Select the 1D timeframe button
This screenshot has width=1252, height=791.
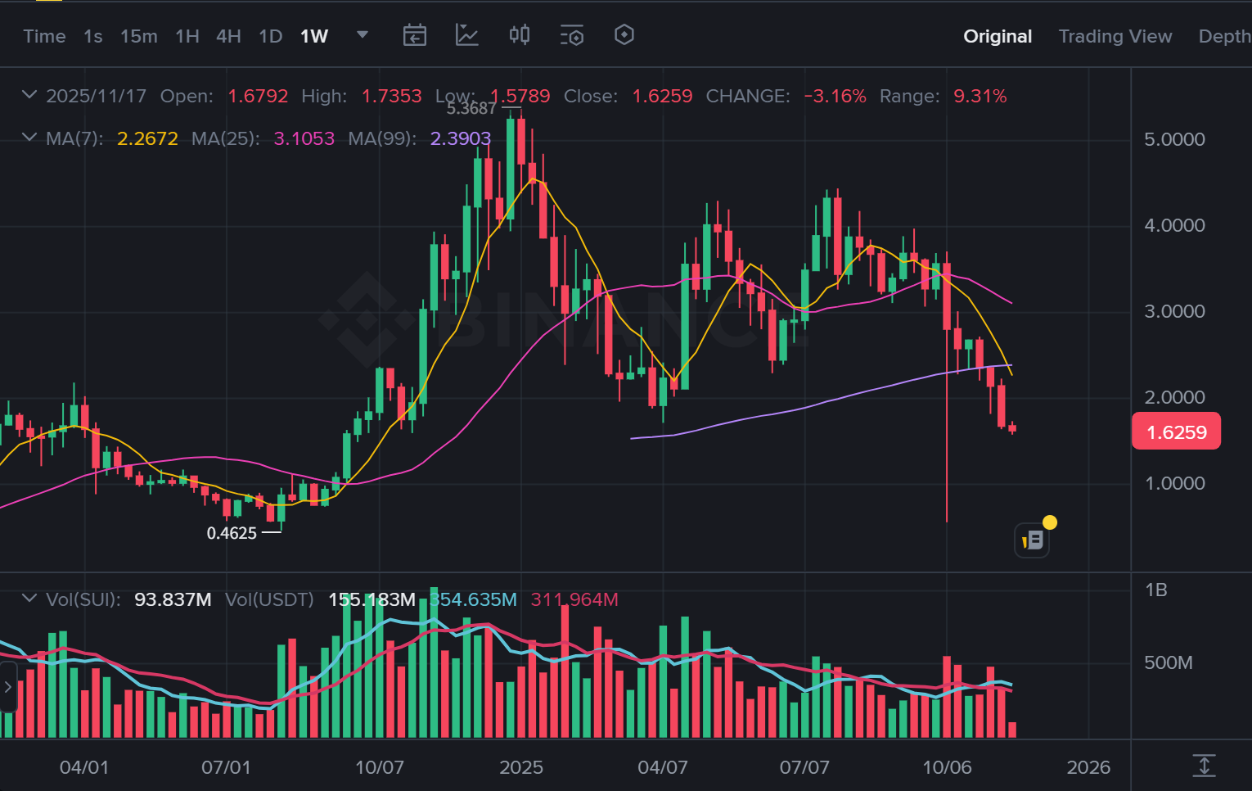pos(270,36)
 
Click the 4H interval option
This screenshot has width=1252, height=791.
pos(228,36)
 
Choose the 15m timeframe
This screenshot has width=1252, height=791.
pos(138,36)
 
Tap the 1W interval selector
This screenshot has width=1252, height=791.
pos(314,36)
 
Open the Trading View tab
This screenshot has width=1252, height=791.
pos(1115,36)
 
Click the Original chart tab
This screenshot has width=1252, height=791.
pos(997,36)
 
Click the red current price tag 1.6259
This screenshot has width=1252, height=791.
pos(1176,432)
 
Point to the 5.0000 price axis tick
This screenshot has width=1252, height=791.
pos(1174,139)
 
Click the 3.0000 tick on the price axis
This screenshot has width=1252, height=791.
pos(1174,311)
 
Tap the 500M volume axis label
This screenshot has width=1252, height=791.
pos(1168,662)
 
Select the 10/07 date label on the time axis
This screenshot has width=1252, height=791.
pos(379,767)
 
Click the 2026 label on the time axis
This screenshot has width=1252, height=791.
pos(1088,767)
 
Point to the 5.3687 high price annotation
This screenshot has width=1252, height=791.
pos(471,109)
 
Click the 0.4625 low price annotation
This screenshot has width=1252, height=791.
pos(232,533)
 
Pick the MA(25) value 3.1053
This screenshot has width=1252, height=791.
pos(304,138)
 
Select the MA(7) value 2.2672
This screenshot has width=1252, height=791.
pos(147,138)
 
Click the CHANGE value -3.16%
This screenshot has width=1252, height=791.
pos(835,96)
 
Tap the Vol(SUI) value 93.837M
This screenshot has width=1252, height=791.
pos(173,599)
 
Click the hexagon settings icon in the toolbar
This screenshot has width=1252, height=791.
pos(624,35)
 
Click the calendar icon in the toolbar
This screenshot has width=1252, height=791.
pos(414,35)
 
